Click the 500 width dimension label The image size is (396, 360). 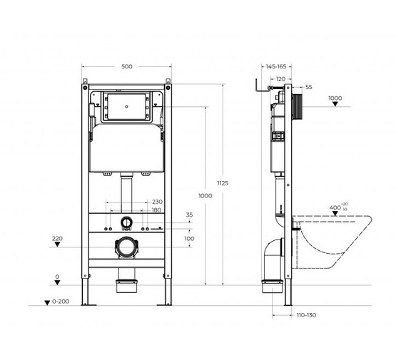pyautogui.click(x=127, y=67)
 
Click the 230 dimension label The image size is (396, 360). pyautogui.click(x=157, y=202)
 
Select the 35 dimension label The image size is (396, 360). pyautogui.click(x=189, y=215)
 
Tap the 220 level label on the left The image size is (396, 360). pyautogui.click(x=57, y=238)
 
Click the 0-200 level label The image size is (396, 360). pyautogui.click(x=61, y=302)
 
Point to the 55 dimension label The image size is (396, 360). pyautogui.click(x=308, y=87)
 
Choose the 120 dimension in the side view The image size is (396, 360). pyautogui.click(x=280, y=79)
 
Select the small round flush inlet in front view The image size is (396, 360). pyautogui.click(x=127, y=222)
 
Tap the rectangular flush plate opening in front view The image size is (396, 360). pyautogui.click(x=127, y=108)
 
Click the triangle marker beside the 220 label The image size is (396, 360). pyautogui.click(x=58, y=247)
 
